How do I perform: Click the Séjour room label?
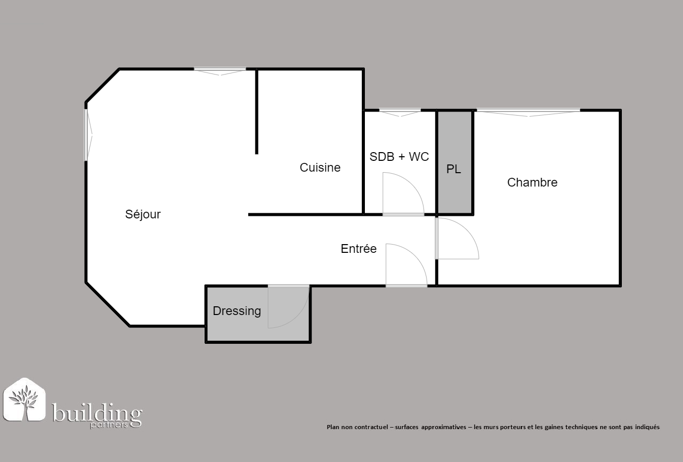[x=143, y=214]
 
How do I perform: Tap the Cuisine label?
[x=320, y=168]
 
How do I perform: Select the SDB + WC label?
[x=399, y=156]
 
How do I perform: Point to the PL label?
[x=454, y=169]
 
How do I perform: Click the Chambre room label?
[x=532, y=182]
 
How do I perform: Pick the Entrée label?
[x=359, y=249]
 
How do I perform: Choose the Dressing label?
[x=236, y=311]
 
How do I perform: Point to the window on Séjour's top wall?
[x=220, y=71]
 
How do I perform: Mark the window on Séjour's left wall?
[x=88, y=135]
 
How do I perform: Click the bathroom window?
[x=400, y=112]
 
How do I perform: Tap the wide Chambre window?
[x=528, y=112]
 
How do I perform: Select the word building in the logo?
[x=97, y=414]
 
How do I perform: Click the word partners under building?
[x=109, y=426]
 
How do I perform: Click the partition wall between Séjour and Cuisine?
[x=257, y=112]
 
